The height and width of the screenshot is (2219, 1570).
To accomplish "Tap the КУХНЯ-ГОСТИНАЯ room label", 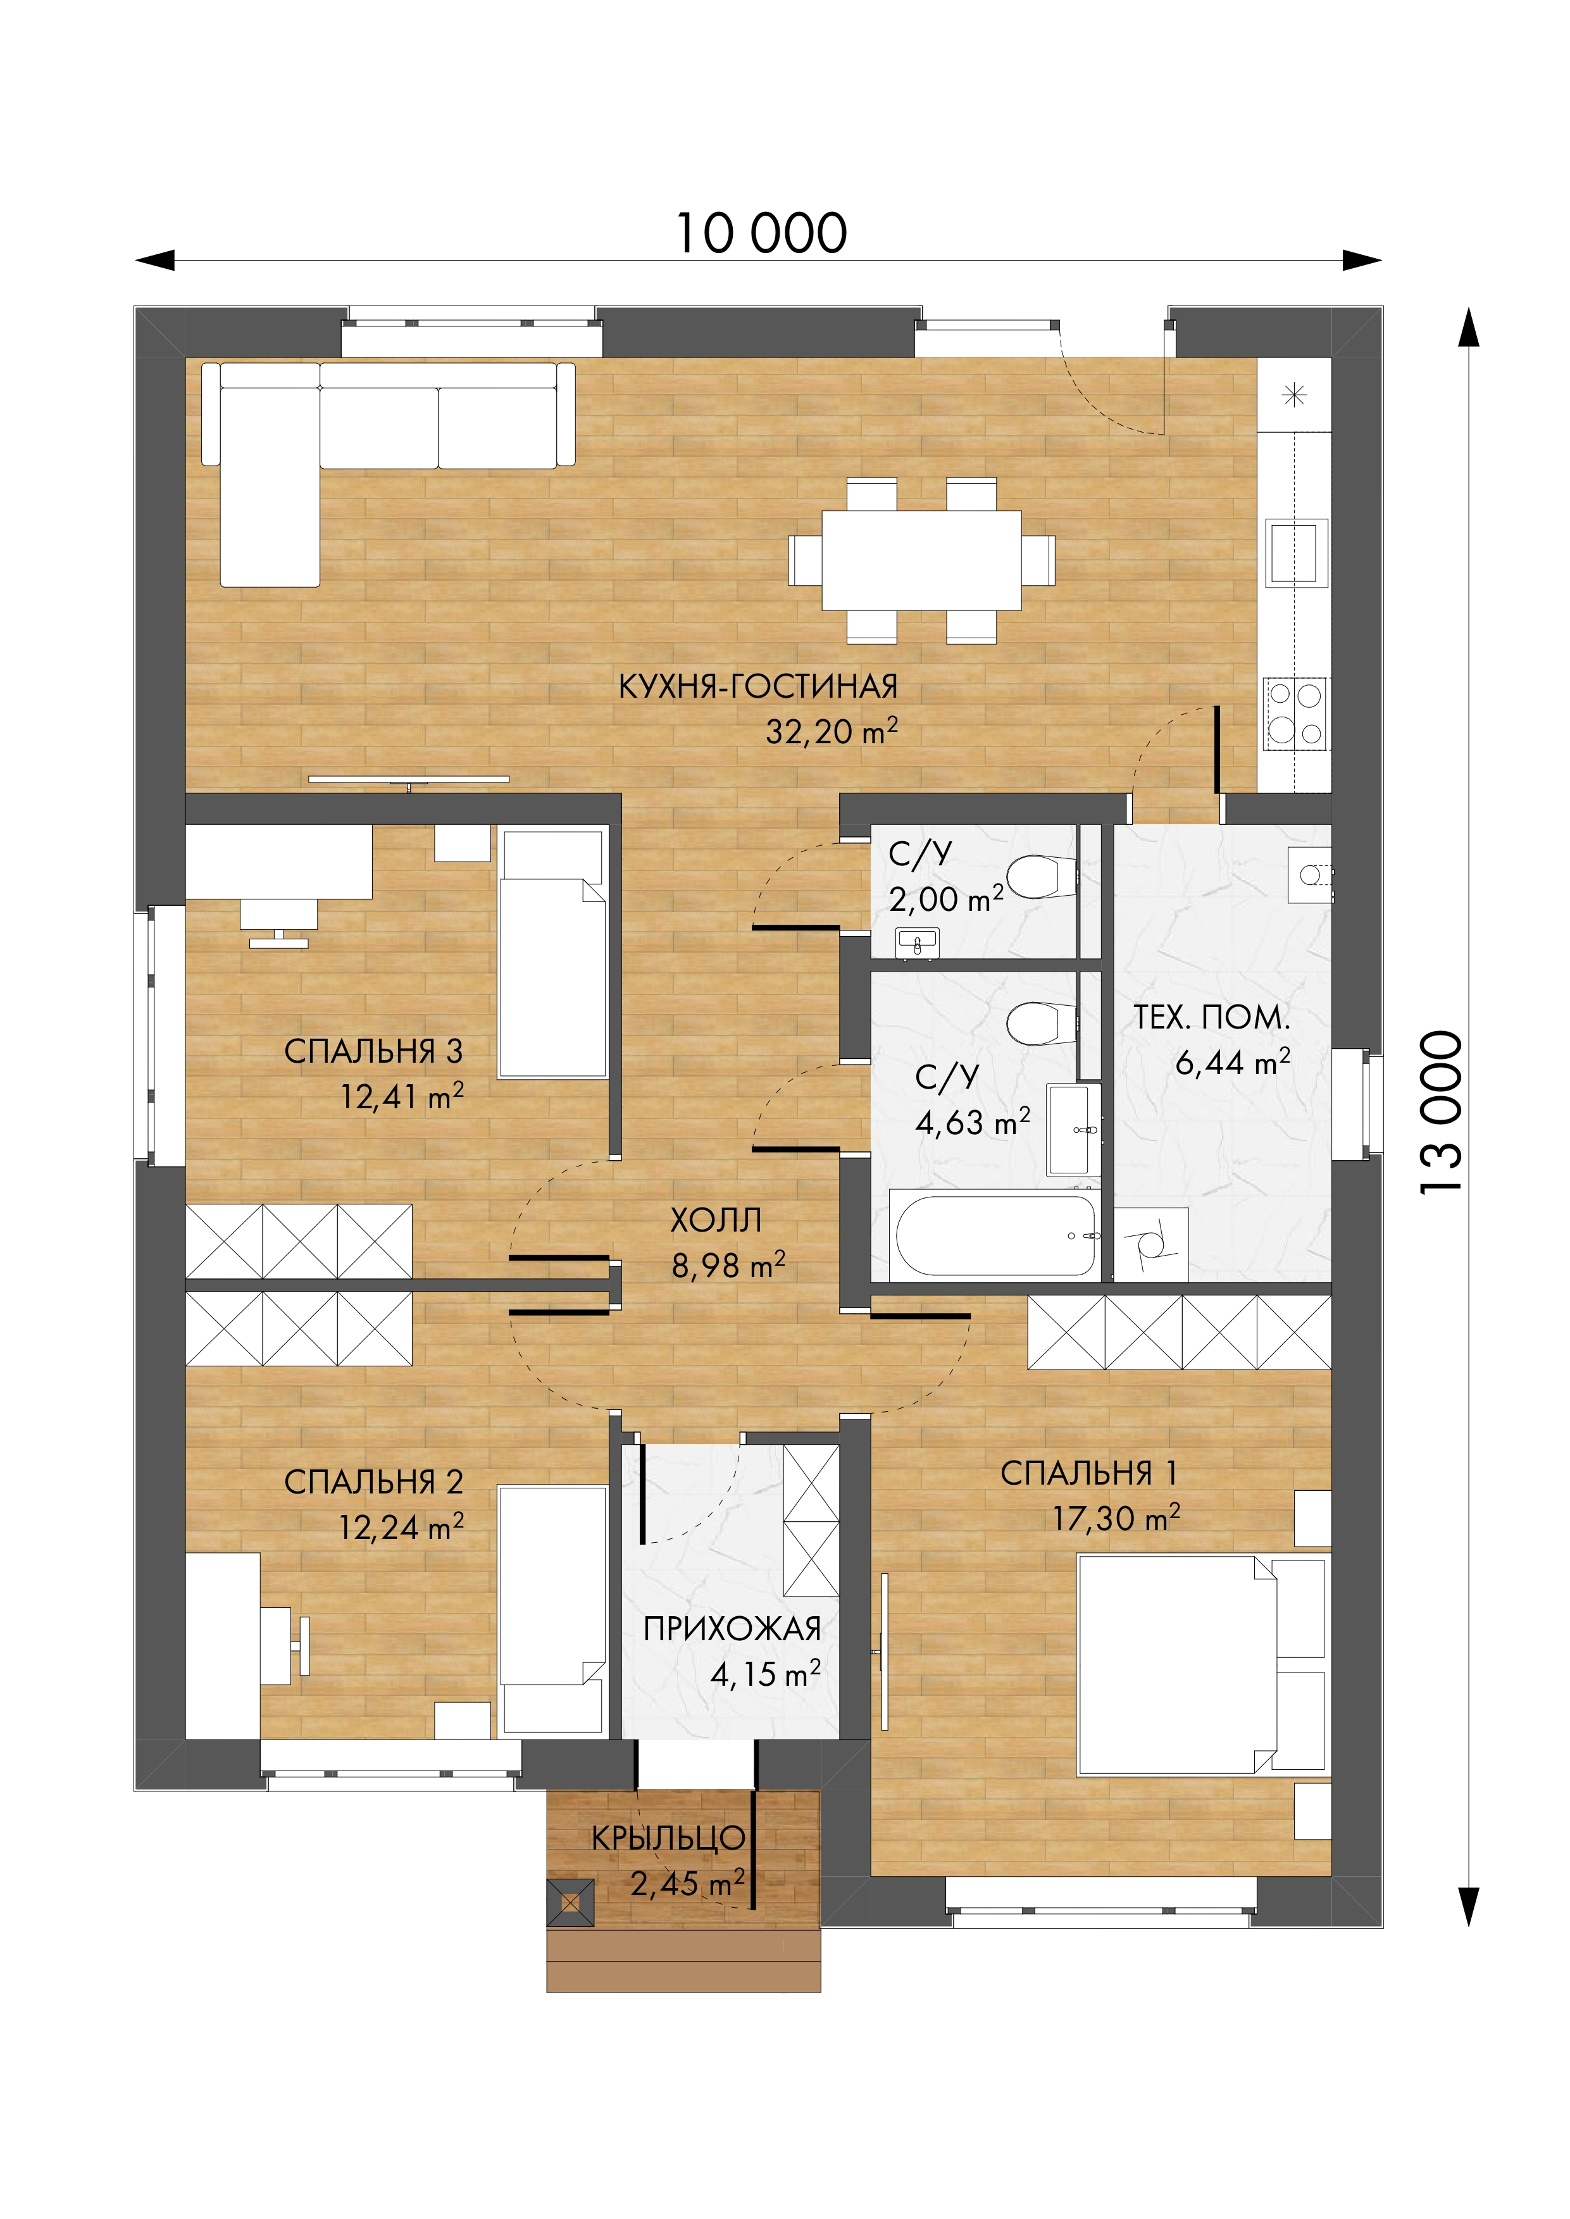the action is pyautogui.click(x=758, y=687).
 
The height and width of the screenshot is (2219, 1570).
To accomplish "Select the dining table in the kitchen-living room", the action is pyautogui.click(x=921, y=560).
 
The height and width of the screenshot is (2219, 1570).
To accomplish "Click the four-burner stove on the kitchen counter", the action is pyautogui.click(x=1295, y=714).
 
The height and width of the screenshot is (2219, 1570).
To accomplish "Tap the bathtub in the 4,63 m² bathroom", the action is pyautogui.click(x=996, y=1236).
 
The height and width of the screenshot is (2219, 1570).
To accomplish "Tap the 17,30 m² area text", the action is pyautogui.click(x=1117, y=1518).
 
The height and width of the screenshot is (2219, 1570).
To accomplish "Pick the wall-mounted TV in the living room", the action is pyautogui.click(x=409, y=780).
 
